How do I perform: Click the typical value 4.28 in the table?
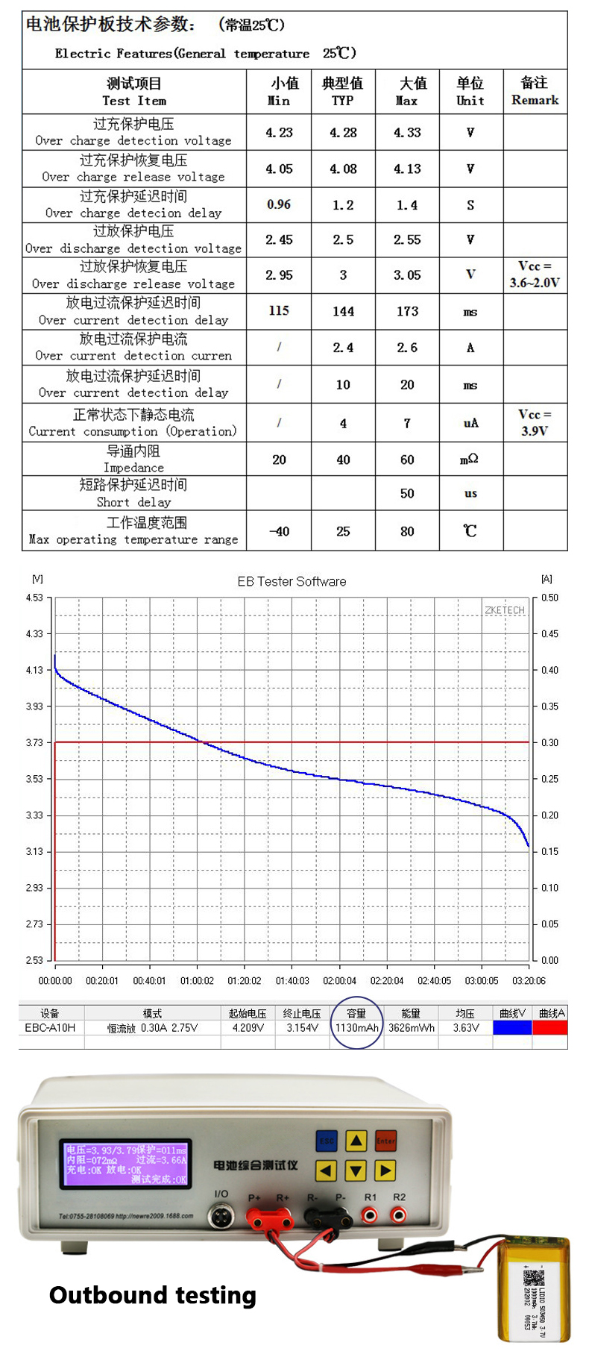pyautogui.click(x=343, y=133)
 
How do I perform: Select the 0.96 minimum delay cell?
pyautogui.click(x=279, y=204)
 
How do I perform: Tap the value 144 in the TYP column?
pyautogui.click(x=343, y=311)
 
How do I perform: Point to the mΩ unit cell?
pyautogui.click(x=470, y=460)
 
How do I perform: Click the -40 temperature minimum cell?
pyautogui.click(x=279, y=531)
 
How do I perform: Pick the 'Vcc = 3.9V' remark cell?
pyautogui.click(x=535, y=422)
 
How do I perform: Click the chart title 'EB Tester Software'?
pyautogui.click(x=292, y=581)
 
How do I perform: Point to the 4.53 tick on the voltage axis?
pyautogui.click(x=34, y=598)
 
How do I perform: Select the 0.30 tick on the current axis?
pyautogui.click(x=549, y=742)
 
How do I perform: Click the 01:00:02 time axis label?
pyautogui.click(x=197, y=980)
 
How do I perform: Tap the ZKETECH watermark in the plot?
pyautogui.click(x=505, y=610)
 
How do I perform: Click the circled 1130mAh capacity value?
pyautogui.click(x=356, y=1027)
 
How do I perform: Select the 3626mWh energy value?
pyautogui.click(x=411, y=1027)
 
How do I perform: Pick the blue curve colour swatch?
pyautogui.click(x=512, y=1027)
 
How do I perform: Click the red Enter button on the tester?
pyautogui.click(x=385, y=1141)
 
